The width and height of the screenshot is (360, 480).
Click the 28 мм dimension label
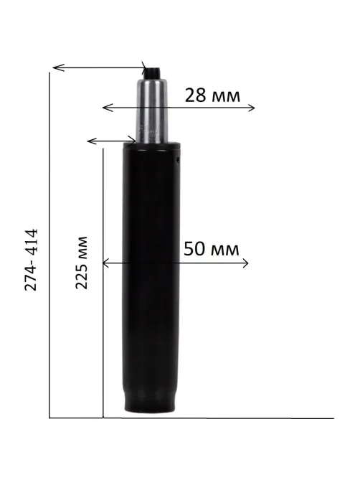(212, 95)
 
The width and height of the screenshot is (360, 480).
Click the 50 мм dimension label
(212, 249)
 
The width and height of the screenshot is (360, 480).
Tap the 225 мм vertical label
(81, 263)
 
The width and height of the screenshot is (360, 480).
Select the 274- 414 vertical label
(31, 259)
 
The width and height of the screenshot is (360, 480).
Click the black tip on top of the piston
(153, 73)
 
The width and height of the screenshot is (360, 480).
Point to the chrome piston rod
(152, 110)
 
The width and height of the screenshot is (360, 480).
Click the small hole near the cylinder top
(177, 159)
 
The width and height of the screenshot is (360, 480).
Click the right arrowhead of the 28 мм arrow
(252, 108)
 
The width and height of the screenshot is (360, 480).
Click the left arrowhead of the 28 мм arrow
(106, 108)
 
